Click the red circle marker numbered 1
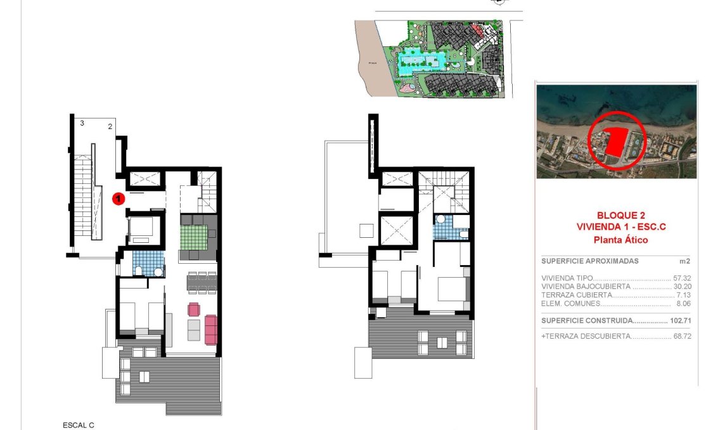[118, 199]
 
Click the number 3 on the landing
[82, 123]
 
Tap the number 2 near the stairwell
[110, 126]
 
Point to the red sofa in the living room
[211, 329]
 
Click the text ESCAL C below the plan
[78, 425]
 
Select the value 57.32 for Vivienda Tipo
[681, 278]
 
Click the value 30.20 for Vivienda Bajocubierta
[681, 287]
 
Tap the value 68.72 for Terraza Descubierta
[681, 336]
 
